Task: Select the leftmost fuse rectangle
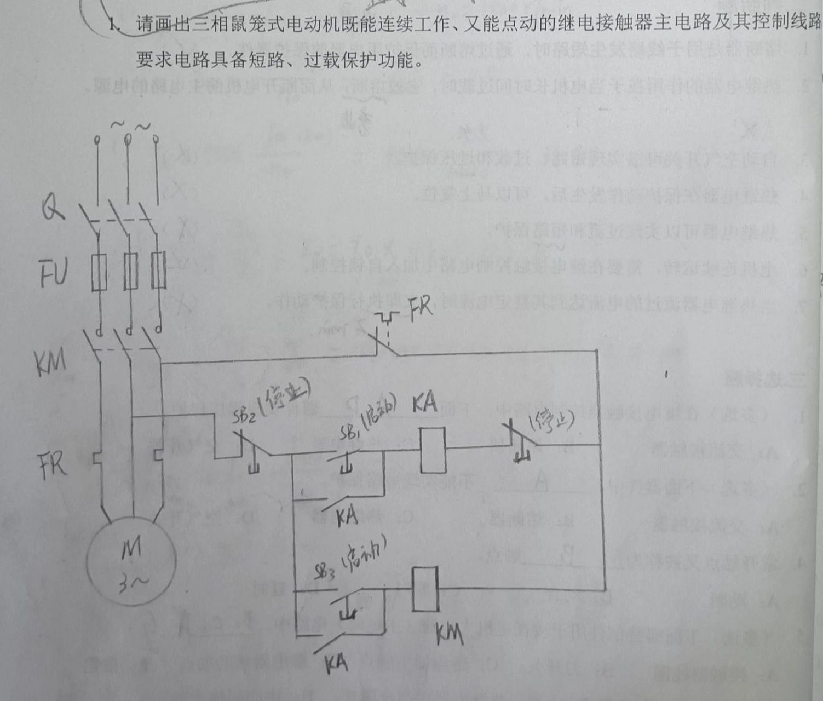click(x=99, y=273)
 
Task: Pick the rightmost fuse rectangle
click(x=158, y=271)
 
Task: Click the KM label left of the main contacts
click(x=50, y=362)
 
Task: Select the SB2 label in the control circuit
click(x=244, y=416)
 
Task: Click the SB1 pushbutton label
click(x=349, y=433)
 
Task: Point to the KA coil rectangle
click(x=432, y=450)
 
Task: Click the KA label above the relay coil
click(x=425, y=404)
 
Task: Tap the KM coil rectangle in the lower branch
click(x=425, y=589)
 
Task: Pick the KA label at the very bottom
click(x=336, y=664)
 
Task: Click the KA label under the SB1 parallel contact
click(x=347, y=516)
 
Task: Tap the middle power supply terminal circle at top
click(x=128, y=140)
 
